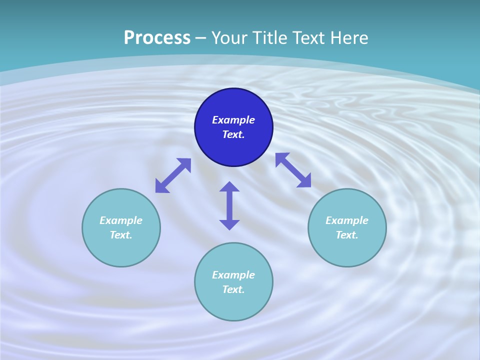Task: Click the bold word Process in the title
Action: click(x=157, y=38)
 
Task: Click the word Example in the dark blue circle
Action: click(x=233, y=120)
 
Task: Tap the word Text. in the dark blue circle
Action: click(x=233, y=134)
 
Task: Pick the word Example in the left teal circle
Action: click(x=121, y=220)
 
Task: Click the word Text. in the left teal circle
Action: click(x=121, y=235)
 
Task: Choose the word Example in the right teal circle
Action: click(x=347, y=220)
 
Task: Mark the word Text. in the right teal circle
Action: click(x=347, y=235)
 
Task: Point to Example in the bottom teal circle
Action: click(x=233, y=275)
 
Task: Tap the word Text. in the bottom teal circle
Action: click(x=233, y=289)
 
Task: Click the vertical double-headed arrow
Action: click(x=229, y=205)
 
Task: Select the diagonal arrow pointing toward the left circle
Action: click(x=173, y=175)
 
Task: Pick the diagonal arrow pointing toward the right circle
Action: click(x=293, y=170)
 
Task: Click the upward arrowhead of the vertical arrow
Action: click(x=229, y=186)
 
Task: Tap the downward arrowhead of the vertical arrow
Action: click(x=229, y=224)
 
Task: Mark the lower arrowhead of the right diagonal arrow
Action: click(x=304, y=181)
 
